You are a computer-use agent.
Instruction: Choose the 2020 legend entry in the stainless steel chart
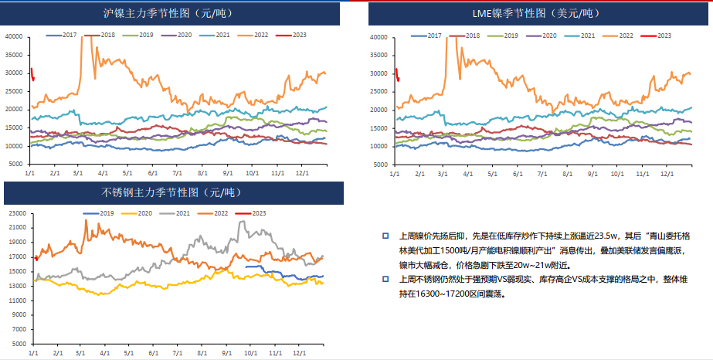click(x=143, y=212)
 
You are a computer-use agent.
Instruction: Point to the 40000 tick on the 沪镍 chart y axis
click(x=13, y=36)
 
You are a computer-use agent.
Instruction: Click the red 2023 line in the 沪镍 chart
click(x=32, y=73)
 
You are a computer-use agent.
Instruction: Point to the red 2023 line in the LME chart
click(x=397, y=74)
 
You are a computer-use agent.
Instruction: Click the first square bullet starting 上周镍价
click(x=385, y=234)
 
